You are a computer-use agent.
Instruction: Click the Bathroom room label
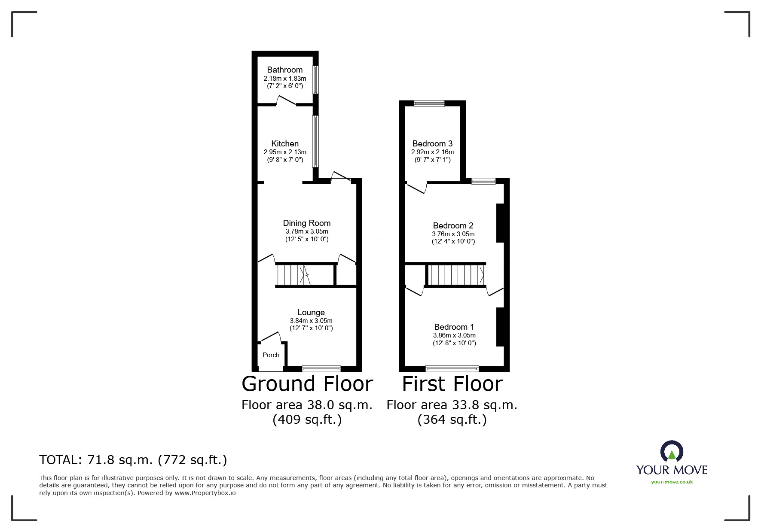(x=284, y=70)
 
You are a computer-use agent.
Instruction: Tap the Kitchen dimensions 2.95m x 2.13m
(x=284, y=152)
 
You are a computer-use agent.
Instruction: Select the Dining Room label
(x=306, y=223)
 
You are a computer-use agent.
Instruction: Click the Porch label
(x=271, y=355)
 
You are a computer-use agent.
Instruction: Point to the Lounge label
(x=311, y=313)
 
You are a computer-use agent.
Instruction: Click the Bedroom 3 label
(x=432, y=143)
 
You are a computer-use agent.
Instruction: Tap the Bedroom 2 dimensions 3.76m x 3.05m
(x=453, y=234)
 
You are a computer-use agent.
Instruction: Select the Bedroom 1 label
(x=454, y=327)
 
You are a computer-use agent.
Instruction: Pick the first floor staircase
(x=455, y=275)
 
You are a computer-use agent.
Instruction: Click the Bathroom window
(x=315, y=79)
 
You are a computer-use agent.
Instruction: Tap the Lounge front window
(x=321, y=368)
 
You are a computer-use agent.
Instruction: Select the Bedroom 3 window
(x=429, y=103)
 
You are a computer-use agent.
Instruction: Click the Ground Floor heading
(x=307, y=384)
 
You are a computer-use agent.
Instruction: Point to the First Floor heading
(x=452, y=384)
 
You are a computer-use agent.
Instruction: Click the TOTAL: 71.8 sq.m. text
(x=133, y=460)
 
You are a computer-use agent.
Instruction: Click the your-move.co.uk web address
(x=672, y=482)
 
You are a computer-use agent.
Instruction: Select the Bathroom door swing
(x=286, y=101)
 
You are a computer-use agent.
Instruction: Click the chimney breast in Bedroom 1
(x=500, y=327)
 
